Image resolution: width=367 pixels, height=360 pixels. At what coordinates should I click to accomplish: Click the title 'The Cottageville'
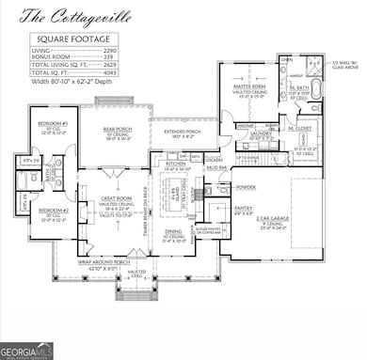63,16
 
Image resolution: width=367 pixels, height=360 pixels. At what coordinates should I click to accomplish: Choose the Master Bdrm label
248,88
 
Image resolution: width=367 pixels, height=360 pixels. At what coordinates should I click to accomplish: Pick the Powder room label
220,187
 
